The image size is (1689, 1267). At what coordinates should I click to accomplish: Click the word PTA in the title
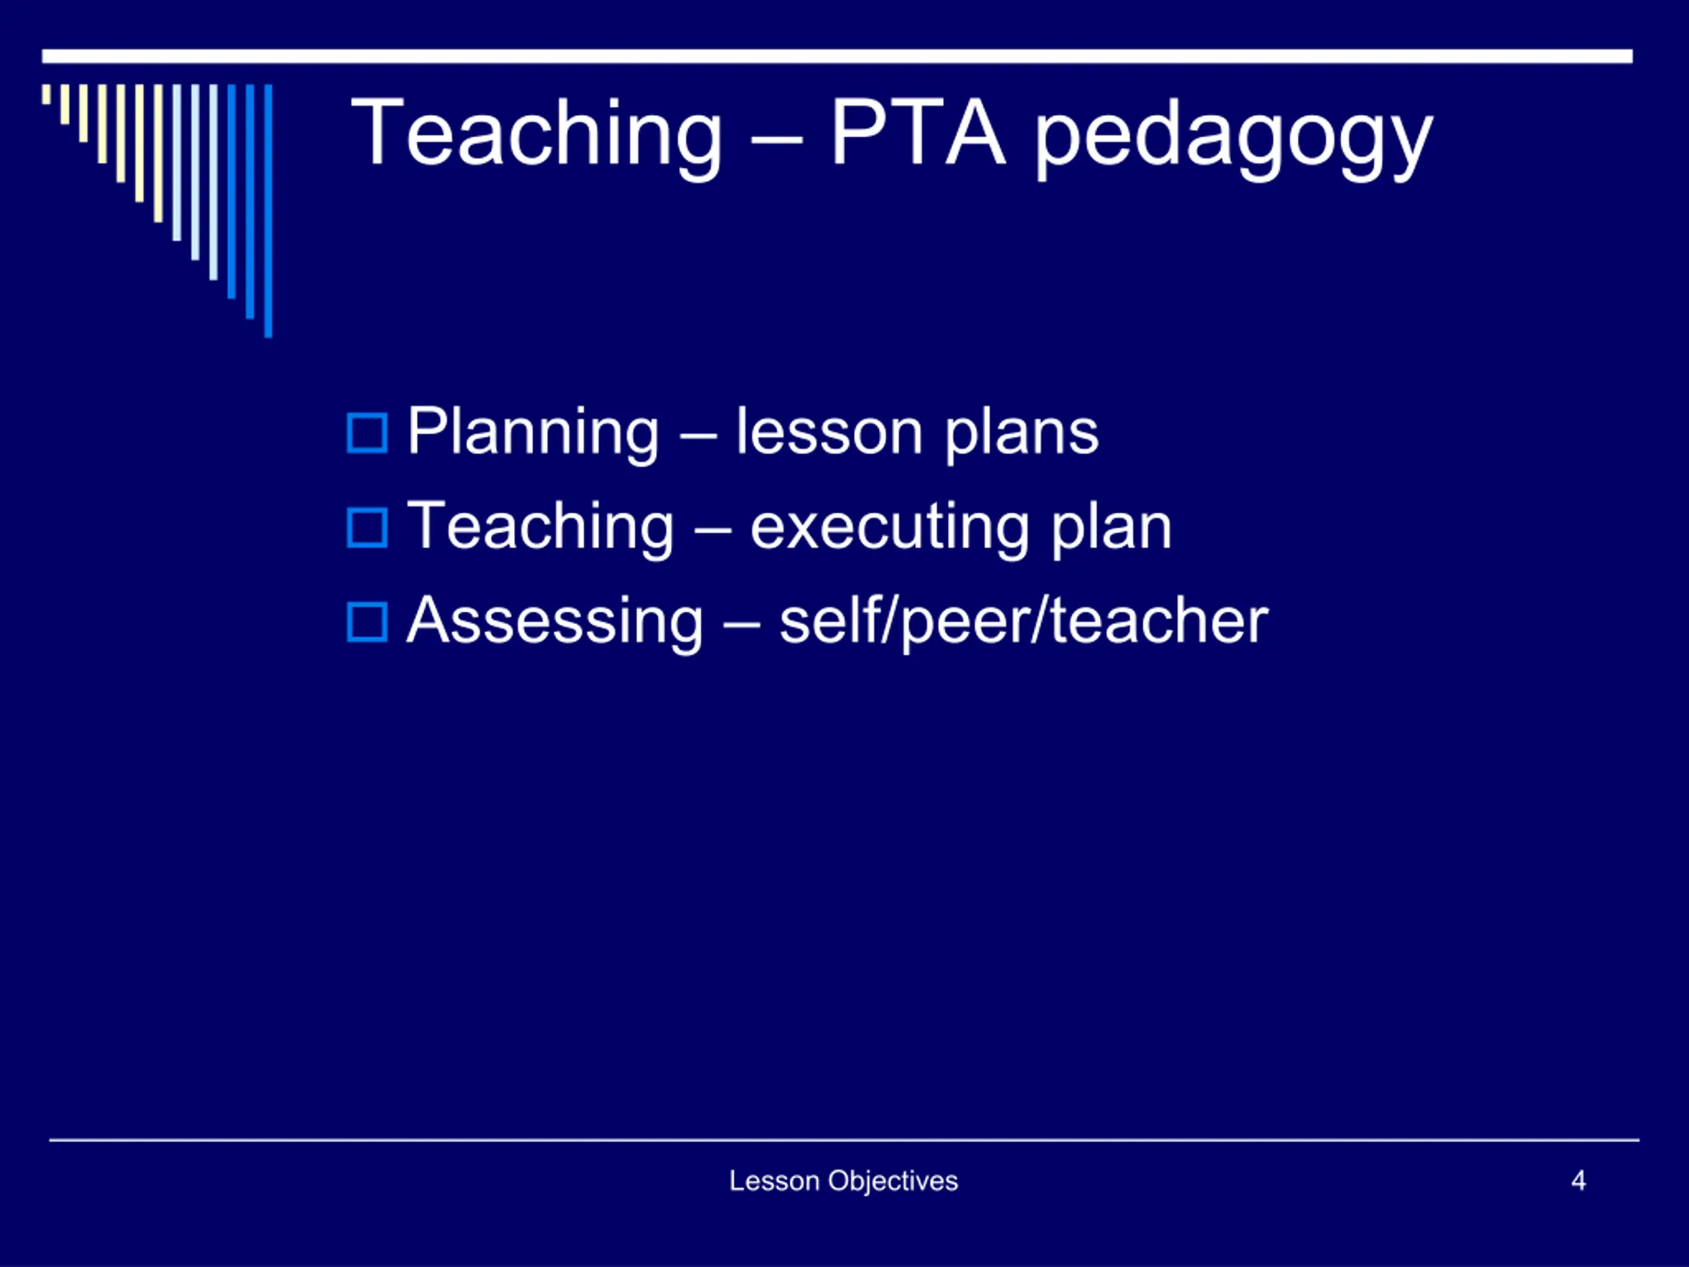click(918, 132)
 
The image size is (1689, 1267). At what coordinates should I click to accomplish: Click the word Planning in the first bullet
click(533, 434)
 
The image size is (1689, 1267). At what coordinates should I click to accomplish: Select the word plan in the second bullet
click(1111, 529)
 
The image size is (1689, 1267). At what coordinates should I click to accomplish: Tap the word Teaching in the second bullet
click(540, 529)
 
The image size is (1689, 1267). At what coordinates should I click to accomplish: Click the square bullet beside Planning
click(367, 433)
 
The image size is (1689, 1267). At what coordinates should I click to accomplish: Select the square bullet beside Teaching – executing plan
click(367, 528)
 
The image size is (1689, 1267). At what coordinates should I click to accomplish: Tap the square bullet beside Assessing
click(367, 622)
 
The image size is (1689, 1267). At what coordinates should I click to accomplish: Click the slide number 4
click(1578, 1181)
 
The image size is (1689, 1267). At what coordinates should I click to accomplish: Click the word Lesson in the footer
click(775, 1181)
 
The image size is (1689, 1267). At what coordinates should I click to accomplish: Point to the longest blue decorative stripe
click(268, 211)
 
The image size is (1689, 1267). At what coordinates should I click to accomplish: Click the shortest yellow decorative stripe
click(47, 94)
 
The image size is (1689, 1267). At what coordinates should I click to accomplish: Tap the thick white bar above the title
click(837, 57)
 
